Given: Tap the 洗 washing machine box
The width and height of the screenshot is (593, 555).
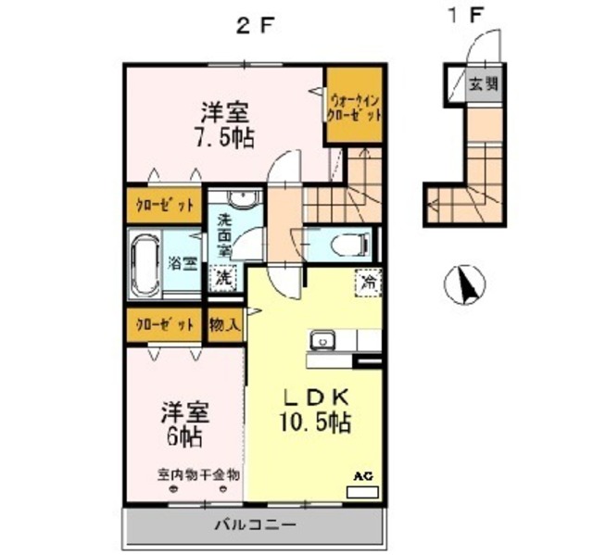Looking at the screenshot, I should tap(223, 277).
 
